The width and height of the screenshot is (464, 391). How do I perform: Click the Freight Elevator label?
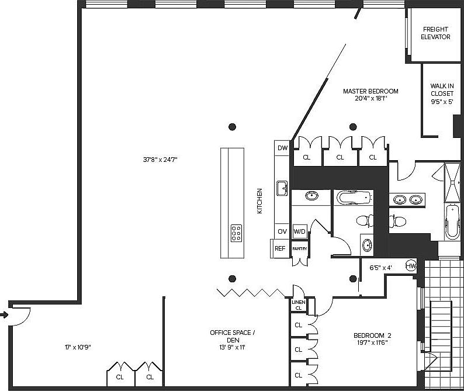(435, 33)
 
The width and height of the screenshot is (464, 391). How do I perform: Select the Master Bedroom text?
(370, 95)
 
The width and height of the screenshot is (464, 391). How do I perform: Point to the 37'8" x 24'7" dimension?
(160, 158)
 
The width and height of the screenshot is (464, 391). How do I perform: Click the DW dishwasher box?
(282, 148)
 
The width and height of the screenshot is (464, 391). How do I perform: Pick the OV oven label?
(282, 231)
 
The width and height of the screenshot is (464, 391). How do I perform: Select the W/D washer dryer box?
(300, 231)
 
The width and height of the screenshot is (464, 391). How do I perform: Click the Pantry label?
(300, 249)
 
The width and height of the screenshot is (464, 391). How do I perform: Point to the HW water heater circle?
(410, 267)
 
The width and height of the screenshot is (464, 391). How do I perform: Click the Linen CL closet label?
(298, 305)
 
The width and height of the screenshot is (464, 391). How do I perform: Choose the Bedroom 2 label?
(372, 339)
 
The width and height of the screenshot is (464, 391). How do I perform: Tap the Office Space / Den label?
(232, 340)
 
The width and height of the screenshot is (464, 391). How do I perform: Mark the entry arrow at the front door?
(5, 315)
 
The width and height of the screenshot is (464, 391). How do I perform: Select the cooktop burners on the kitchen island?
(237, 233)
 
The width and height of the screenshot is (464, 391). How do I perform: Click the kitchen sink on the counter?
(282, 189)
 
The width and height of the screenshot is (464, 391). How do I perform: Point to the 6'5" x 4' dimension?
(380, 268)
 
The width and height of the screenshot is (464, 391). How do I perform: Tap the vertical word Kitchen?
(259, 200)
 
